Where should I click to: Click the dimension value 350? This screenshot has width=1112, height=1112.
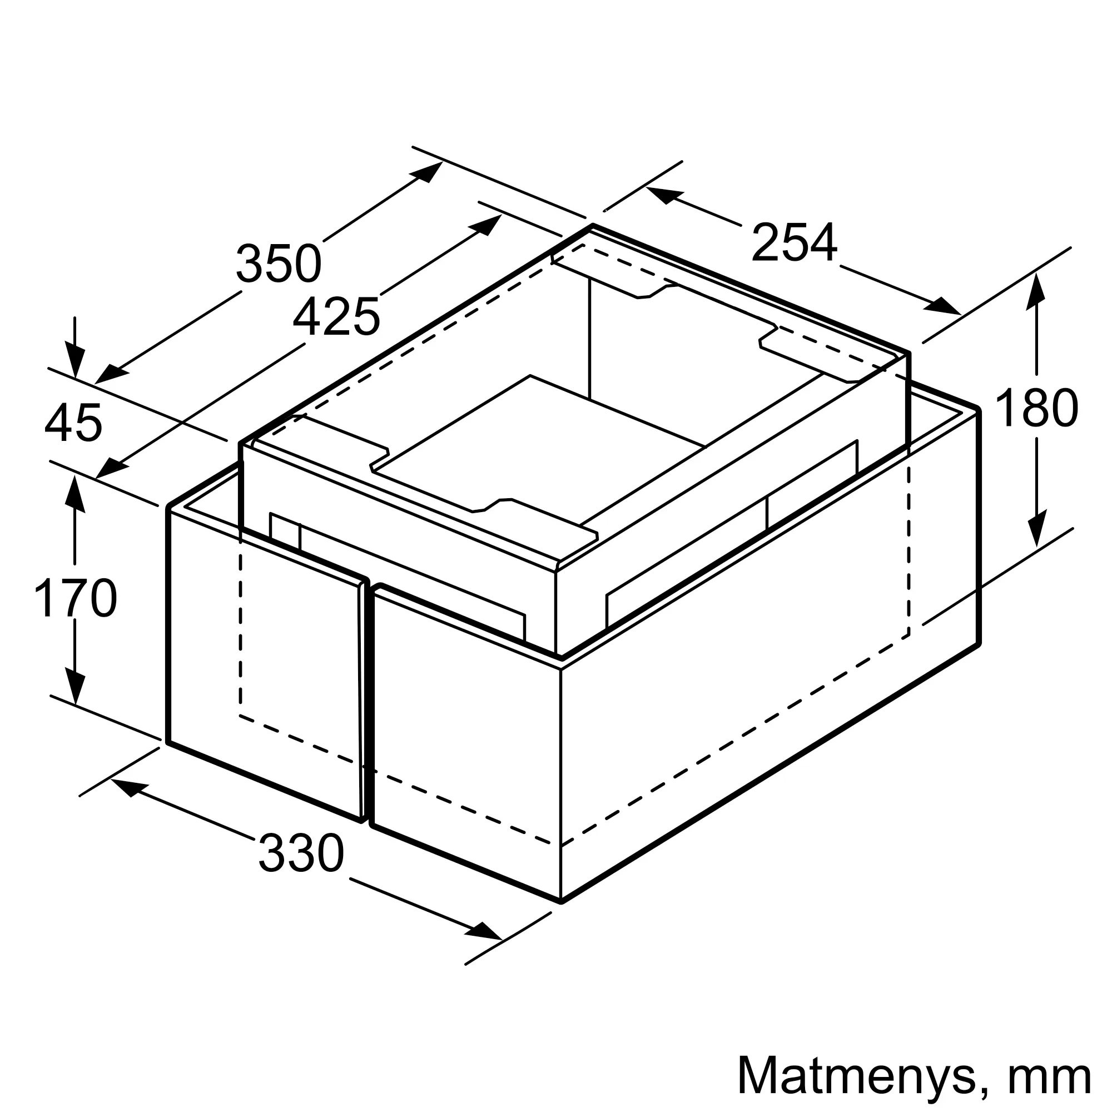(x=279, y=263)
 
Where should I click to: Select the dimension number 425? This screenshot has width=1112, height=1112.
(x=337, y=315)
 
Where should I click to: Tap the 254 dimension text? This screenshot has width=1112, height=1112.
(x=795, y=242)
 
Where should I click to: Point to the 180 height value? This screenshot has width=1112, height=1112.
(x=1036, y=408)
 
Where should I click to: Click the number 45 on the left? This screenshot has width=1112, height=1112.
(x=73, y=423)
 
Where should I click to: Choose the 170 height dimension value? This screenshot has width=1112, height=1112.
(x=76, y=598)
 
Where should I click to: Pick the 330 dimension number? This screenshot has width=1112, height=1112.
(x=301, y=853)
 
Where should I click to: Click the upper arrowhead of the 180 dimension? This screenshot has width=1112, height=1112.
(x=1036, y=292)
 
